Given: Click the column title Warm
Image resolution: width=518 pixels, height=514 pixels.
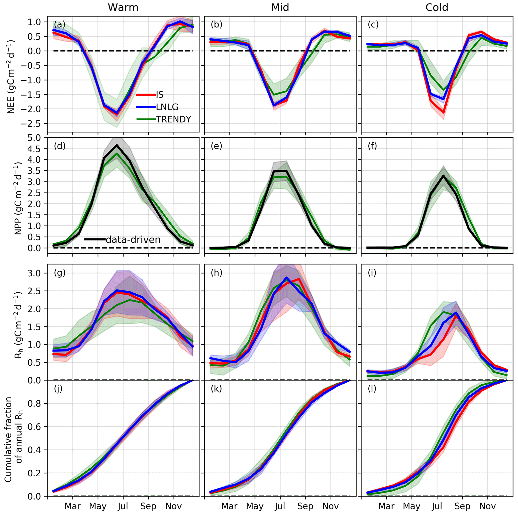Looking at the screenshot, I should click(x=123, y=8).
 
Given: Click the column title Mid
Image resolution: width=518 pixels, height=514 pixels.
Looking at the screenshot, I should click(x=280, y=8).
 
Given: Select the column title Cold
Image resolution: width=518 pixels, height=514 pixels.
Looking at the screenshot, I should click(x=437, y=8).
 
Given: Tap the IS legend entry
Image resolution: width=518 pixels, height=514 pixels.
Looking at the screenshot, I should click(x=160, y=95).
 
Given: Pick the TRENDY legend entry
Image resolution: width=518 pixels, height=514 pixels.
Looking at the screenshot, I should click(x=173, y=119).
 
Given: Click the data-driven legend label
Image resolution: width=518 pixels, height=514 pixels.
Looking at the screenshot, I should click(x=133, y=239).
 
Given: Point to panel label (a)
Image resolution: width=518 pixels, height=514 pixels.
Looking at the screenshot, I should click(x=60, y=24).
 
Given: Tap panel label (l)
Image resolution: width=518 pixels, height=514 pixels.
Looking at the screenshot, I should click(x=372, y=389).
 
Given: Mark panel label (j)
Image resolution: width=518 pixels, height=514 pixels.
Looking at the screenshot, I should click(x=58, y=389).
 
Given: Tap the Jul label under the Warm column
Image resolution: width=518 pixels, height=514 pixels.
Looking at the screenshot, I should click(x=123, y=506).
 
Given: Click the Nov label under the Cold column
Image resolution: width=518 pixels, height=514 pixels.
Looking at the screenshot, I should click(x=487, y=506).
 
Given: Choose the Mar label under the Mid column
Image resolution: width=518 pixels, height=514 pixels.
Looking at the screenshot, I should click(x=230, y=506).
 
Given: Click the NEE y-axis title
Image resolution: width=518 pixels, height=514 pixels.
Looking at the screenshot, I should click(x=11, y=77).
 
